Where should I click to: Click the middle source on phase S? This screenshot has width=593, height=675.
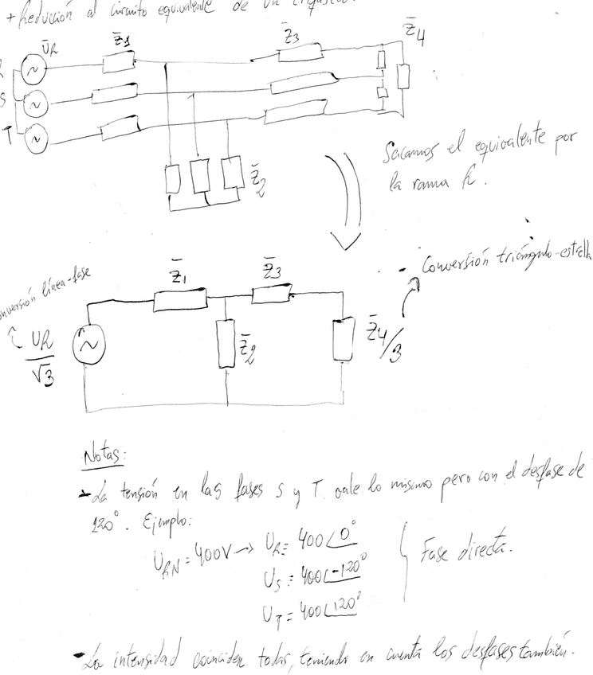coord(34,104)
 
